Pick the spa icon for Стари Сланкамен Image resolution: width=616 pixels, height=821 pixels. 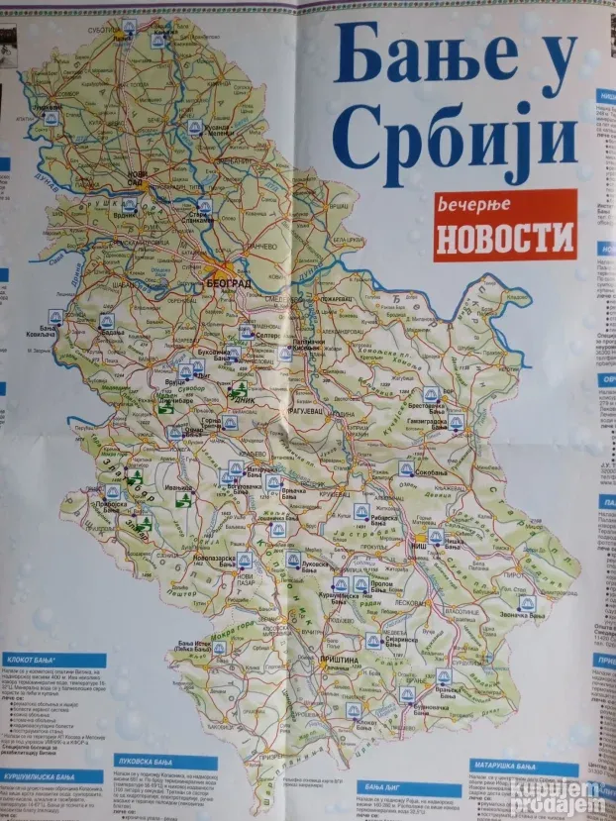click(204, 206)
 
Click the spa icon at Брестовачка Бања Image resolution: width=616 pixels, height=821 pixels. click(431, 394)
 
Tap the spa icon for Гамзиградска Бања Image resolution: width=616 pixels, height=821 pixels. click(455, 422)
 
